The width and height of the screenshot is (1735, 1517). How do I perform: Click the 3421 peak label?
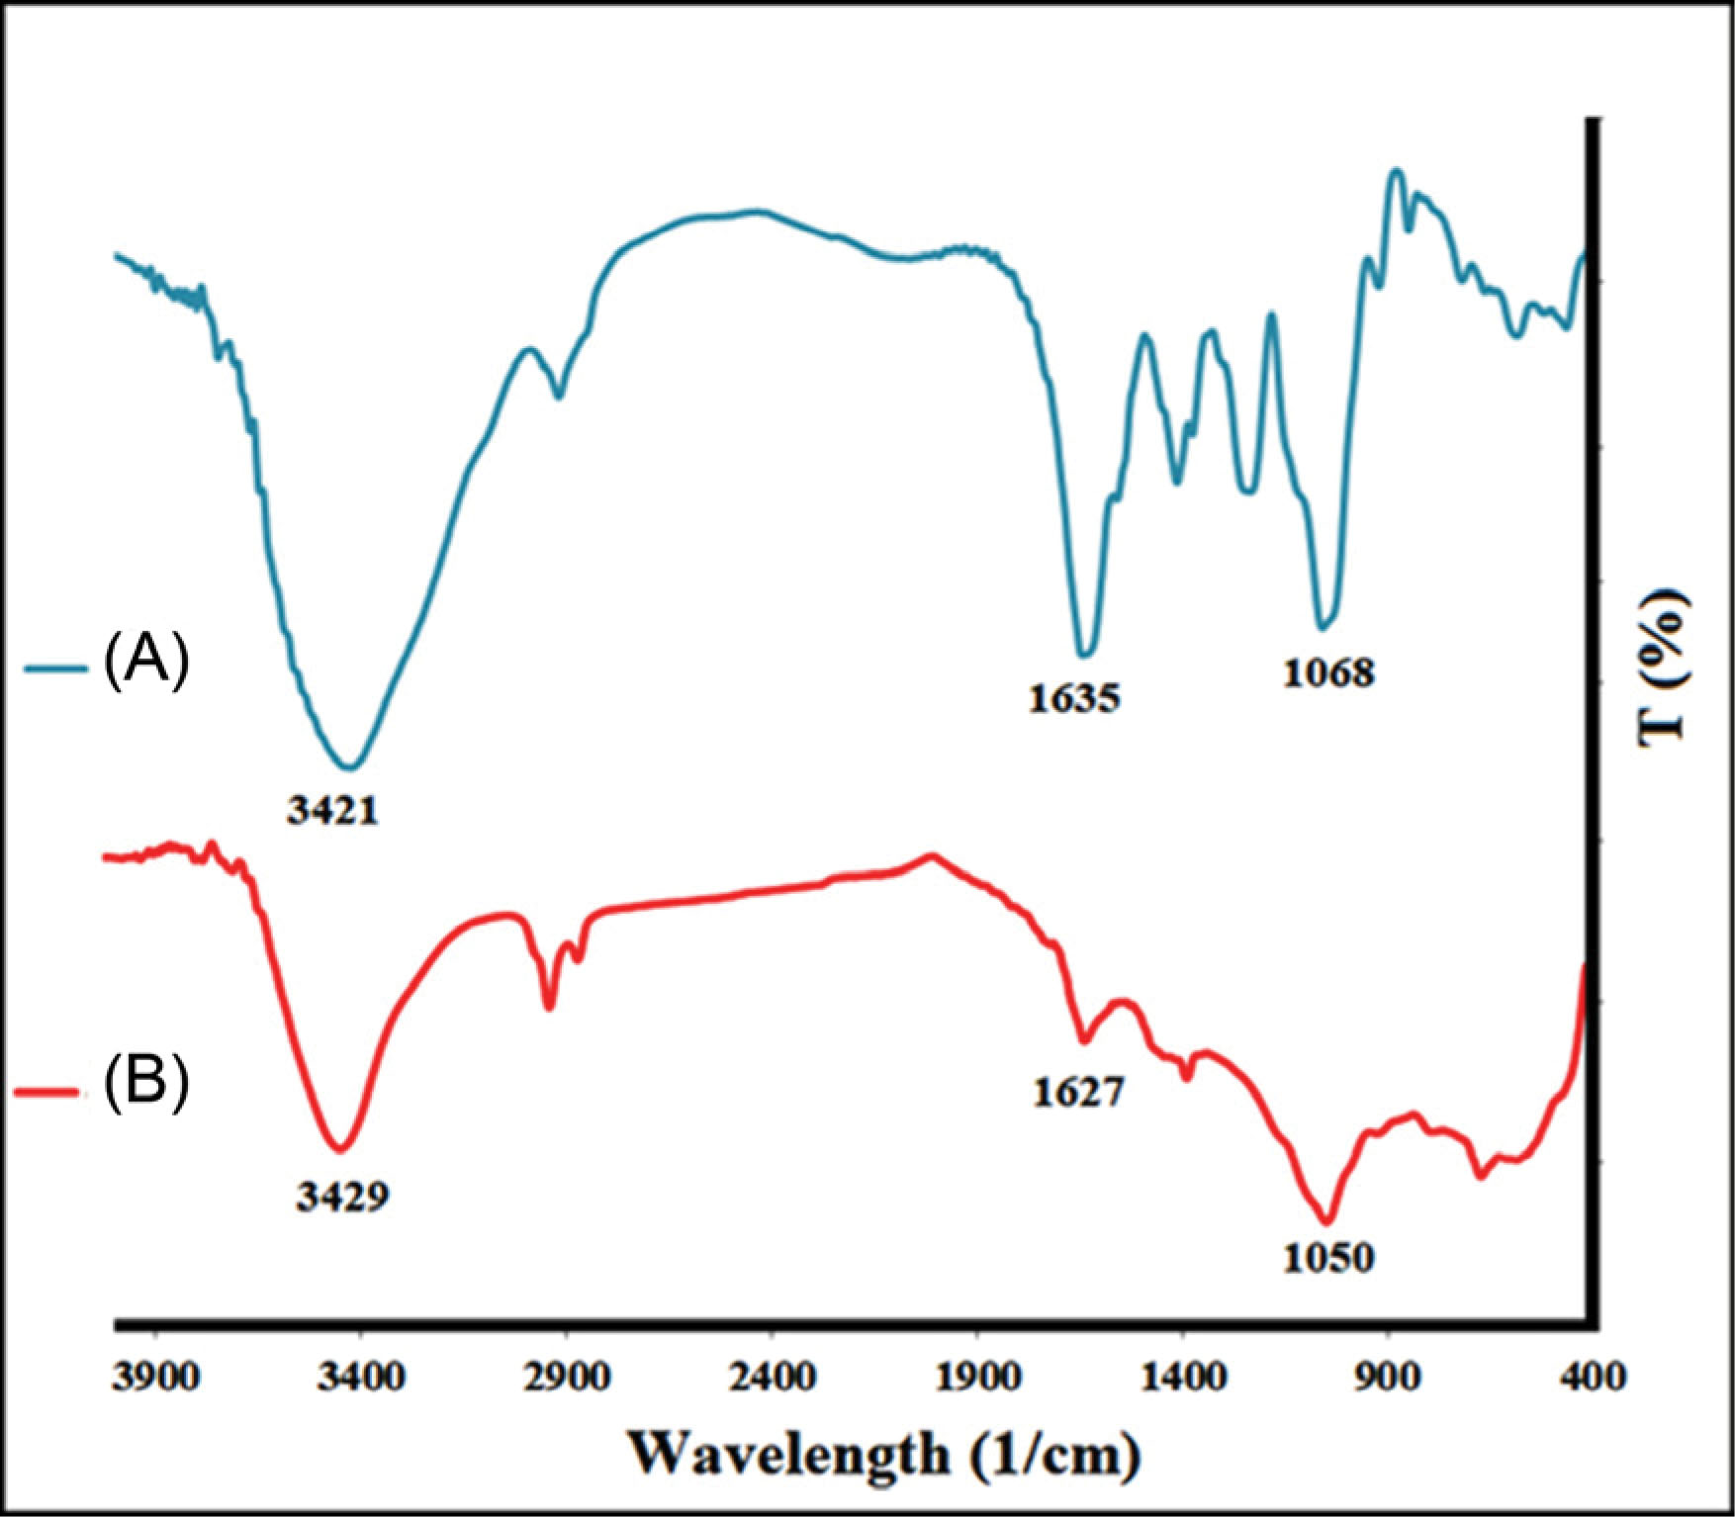333,811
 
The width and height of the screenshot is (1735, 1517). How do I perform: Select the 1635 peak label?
1073,698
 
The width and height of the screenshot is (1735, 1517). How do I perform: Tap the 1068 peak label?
1328,673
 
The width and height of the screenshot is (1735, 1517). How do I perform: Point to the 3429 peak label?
342,1197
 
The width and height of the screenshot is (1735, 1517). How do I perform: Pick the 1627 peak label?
1079,1092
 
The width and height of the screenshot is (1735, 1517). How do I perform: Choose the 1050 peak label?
1328,1257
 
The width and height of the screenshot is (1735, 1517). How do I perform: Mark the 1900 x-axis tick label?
977,1377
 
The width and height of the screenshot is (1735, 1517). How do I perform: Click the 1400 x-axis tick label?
1183,1377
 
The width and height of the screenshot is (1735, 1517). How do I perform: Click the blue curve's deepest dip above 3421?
351,766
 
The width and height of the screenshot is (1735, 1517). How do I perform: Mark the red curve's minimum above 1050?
1328,1220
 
